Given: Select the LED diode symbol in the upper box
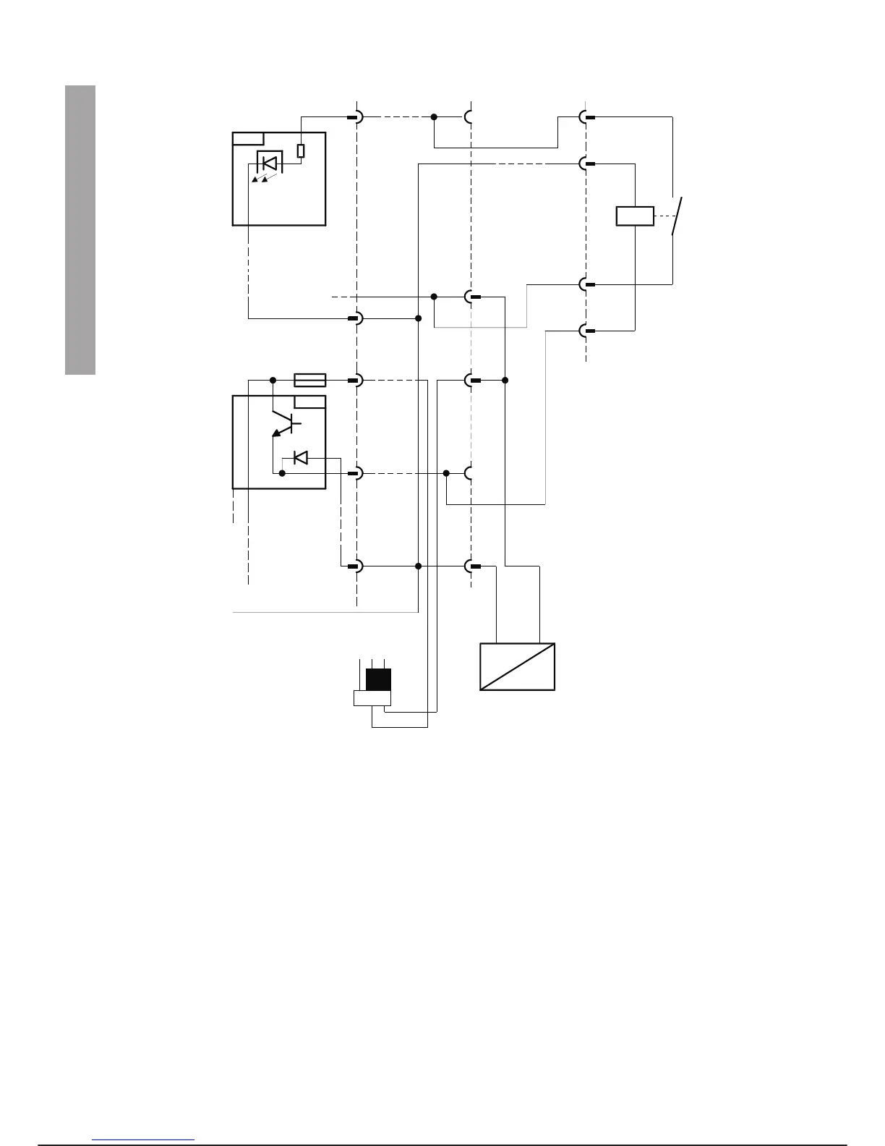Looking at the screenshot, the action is [x=269, y=163].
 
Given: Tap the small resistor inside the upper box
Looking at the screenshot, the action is [x=301, y=150].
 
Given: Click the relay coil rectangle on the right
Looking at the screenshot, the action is [x=635, y=216].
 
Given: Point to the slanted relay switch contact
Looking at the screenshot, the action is [x=677, y=216].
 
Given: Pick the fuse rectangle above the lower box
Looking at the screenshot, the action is [x=311, y=380].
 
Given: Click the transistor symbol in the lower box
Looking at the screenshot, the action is [x=283, y=423].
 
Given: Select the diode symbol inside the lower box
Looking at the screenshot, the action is [x=301, y=457].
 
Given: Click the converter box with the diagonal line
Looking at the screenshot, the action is [x=518, y=666].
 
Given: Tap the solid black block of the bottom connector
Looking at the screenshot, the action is [x=378, y=680].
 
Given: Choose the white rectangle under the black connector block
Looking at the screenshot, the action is [x=372, y=698].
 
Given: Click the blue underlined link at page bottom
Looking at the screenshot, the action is [x=144, y=1139].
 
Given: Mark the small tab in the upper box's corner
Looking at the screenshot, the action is [x=248, y=139].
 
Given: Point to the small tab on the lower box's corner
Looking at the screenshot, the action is [x=309, y=402].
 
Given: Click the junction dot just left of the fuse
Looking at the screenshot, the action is [x=273, y=380].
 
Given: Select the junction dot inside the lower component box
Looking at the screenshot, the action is [x=282, y=473].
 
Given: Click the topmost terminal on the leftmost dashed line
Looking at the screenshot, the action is [x=356, y=117].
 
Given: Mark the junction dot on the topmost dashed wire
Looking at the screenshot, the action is [x=434, y=117].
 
